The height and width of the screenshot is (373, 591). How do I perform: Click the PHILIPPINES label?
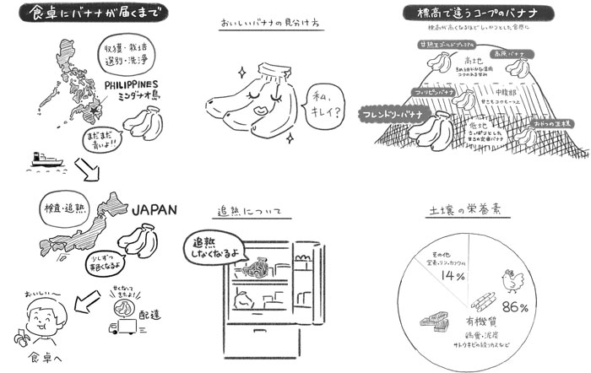click(x=133, y=86)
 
